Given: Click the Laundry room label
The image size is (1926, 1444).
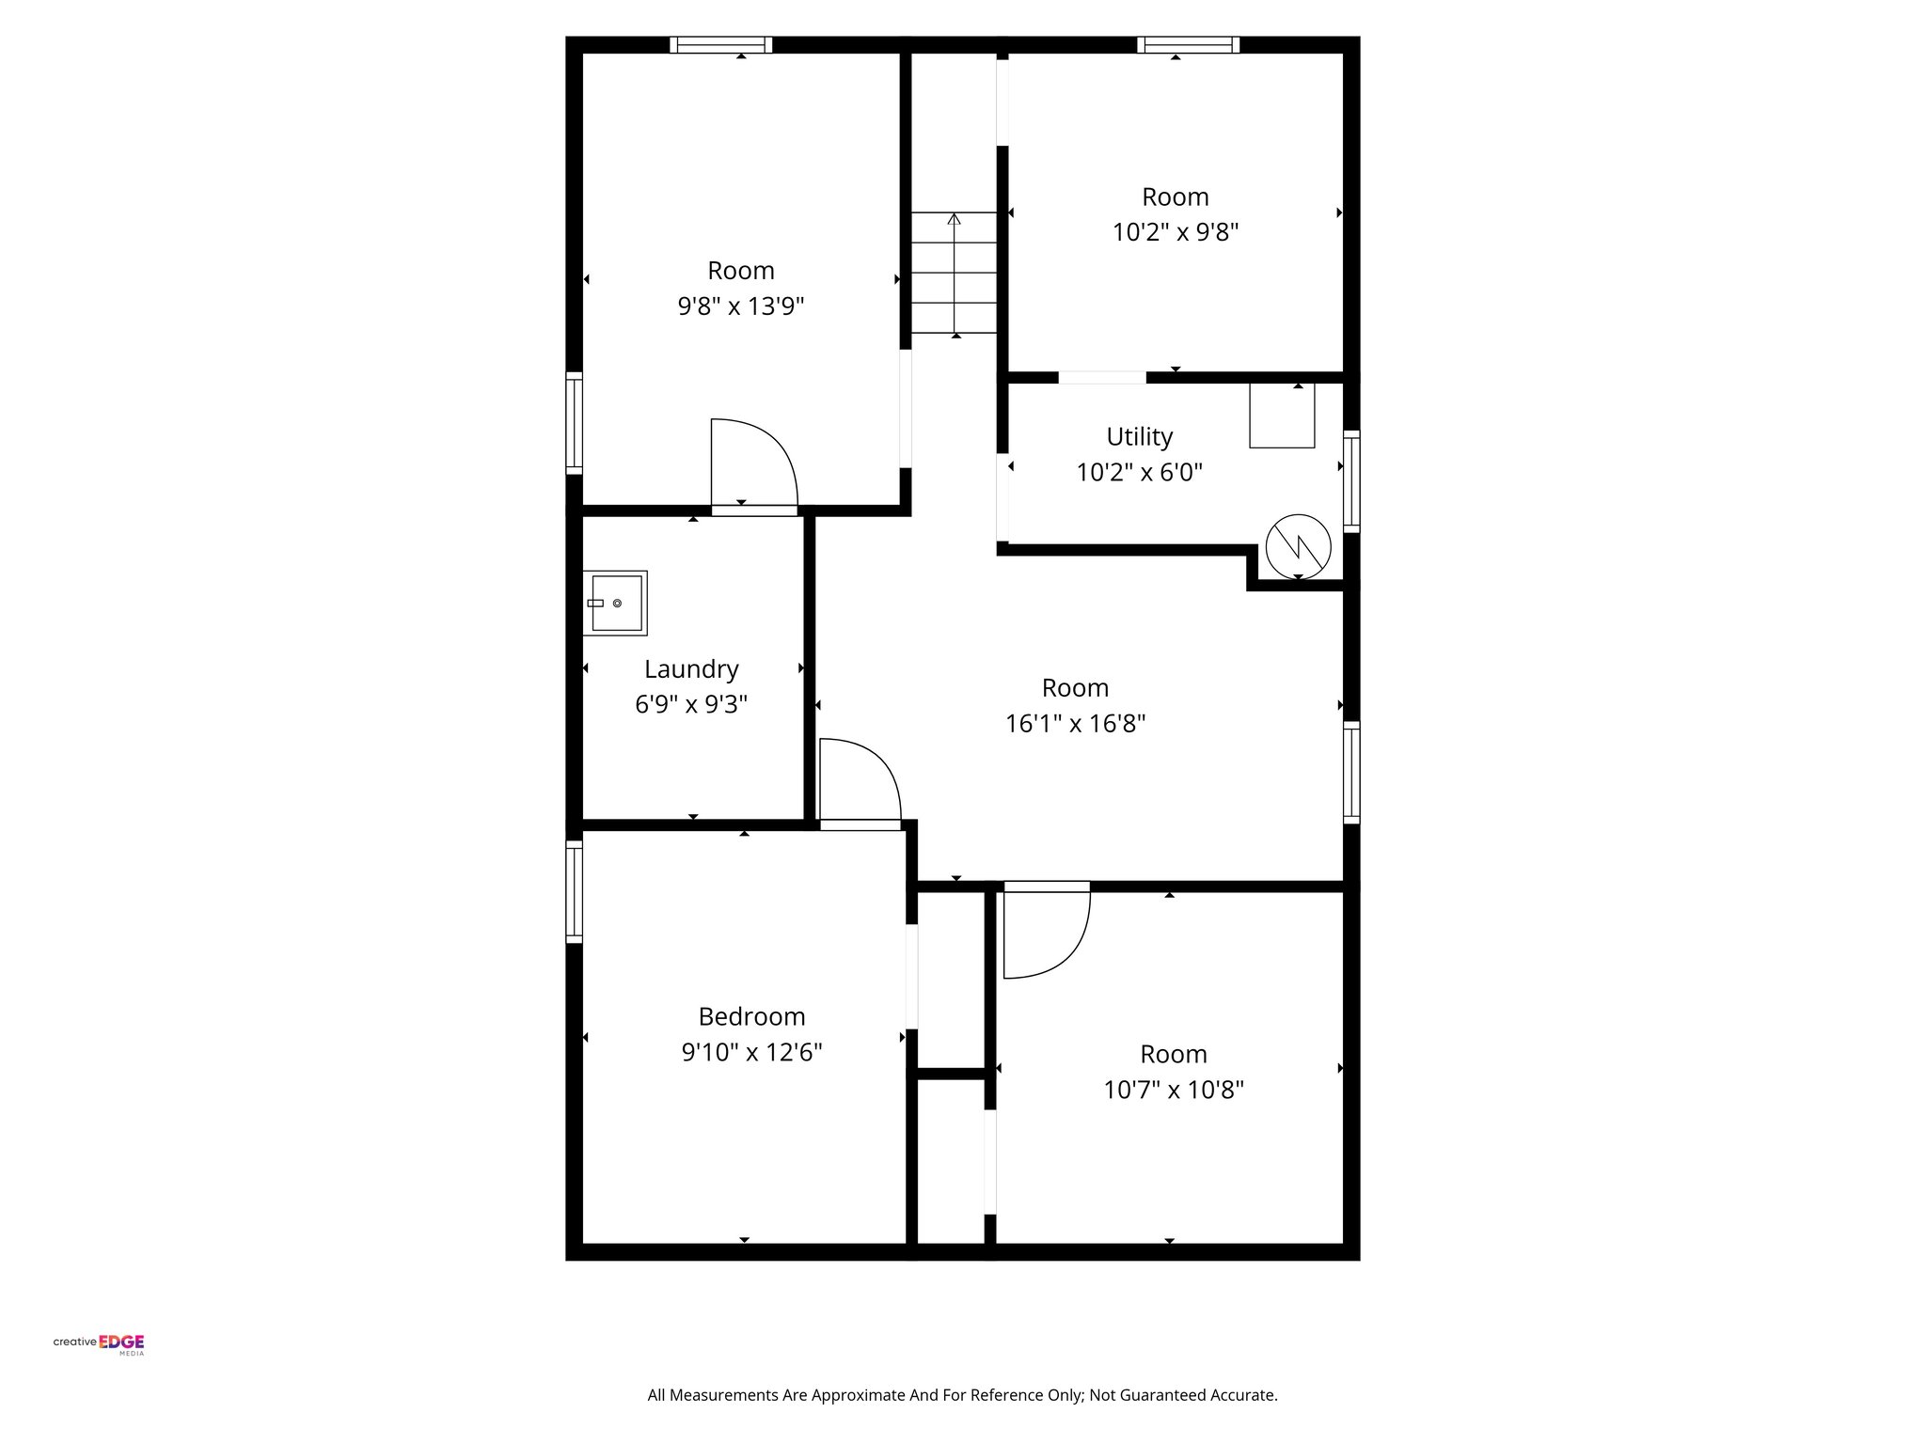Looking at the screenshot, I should [x=691, y=669].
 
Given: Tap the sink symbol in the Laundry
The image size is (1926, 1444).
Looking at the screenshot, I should [x=615, y=603].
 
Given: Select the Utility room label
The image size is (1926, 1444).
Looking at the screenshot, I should [x=1139, y=437].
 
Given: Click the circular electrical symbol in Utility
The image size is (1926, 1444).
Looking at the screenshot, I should [x=1298, y=546].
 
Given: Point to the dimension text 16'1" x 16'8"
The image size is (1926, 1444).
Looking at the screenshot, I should [x=1075, y=724].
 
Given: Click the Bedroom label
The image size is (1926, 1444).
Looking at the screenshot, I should [x=751, y=1017].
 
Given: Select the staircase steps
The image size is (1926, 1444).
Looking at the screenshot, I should [x=954, y=273].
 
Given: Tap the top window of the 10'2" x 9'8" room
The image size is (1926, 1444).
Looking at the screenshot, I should [x=1188, y=44].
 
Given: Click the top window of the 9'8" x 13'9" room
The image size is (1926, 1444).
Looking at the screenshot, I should [x=720, y=44].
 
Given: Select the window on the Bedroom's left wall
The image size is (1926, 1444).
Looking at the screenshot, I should [x=574, y=891].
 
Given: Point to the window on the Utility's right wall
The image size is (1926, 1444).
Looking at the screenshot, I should [x=1351, y=481].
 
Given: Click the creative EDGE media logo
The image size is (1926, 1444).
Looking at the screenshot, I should [x=99, y=1342].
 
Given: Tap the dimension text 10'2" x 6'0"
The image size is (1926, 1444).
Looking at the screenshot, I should [x=1139, y=473].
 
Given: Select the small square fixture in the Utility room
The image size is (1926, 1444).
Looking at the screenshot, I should [x=1281, y=415].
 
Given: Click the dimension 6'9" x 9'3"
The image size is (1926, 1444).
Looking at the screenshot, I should [x=691, y=705].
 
